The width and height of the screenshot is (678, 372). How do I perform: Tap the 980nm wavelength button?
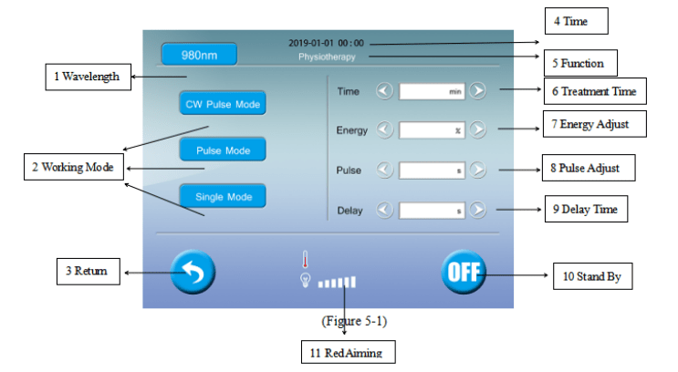click(199, 55)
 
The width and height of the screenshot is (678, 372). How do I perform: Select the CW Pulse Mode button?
click(223, 105)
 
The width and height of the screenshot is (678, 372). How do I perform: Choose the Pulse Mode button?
click(223, 150)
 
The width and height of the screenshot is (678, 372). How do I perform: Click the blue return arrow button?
click(193, 271)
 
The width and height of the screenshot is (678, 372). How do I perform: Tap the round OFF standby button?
click(464, 271)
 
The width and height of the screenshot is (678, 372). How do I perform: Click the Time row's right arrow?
click(477, 90)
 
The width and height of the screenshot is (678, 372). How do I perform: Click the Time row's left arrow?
click(385, 90)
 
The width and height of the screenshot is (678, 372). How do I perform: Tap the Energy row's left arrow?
click(385, 129)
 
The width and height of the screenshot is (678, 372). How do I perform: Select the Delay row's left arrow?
click(385, 210)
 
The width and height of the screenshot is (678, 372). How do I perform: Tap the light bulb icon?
click(306, 280)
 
